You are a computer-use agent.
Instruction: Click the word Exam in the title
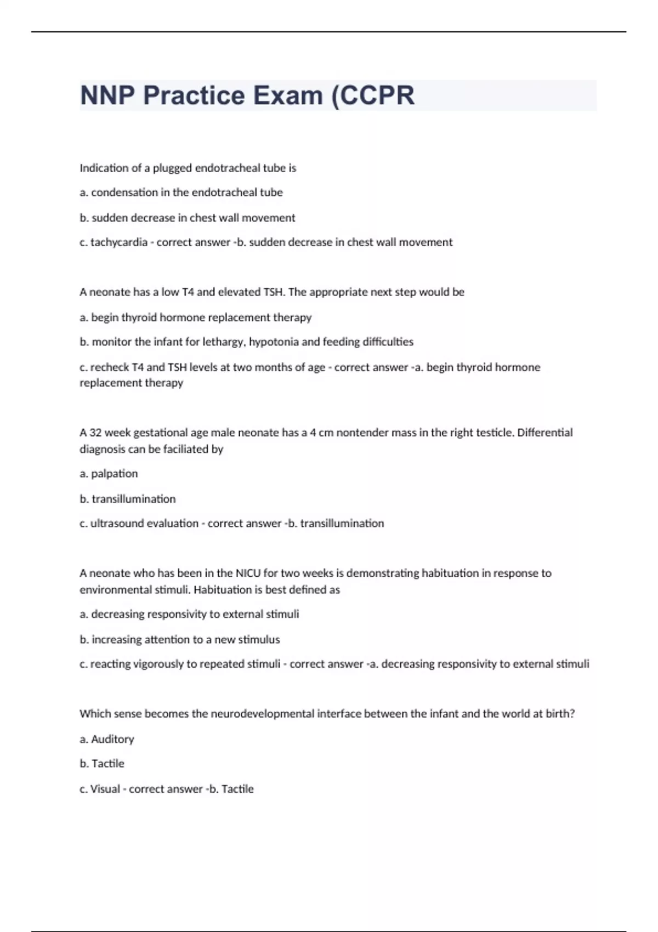pos(287,95)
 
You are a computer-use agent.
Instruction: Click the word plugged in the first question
pos(172,168)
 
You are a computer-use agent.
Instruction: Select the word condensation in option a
pos(124,192)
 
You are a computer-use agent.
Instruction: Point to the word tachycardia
pos(119,242)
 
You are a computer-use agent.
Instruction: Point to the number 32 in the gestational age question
pos(95,433)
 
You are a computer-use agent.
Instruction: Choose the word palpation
pos(114,474)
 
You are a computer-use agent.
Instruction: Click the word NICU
pos(248,573)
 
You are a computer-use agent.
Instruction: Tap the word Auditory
pos(112,739)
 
